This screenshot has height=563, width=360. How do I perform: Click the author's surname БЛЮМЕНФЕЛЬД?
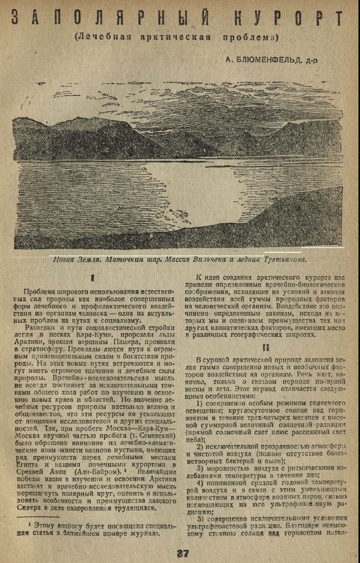pos(267,59)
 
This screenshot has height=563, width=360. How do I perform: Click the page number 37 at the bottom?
pos(182,554)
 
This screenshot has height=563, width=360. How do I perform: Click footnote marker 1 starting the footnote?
pos(30,523)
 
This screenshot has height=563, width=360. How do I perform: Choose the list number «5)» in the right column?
pos(200,518)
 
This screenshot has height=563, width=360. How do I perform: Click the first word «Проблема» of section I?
pos(38,292)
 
